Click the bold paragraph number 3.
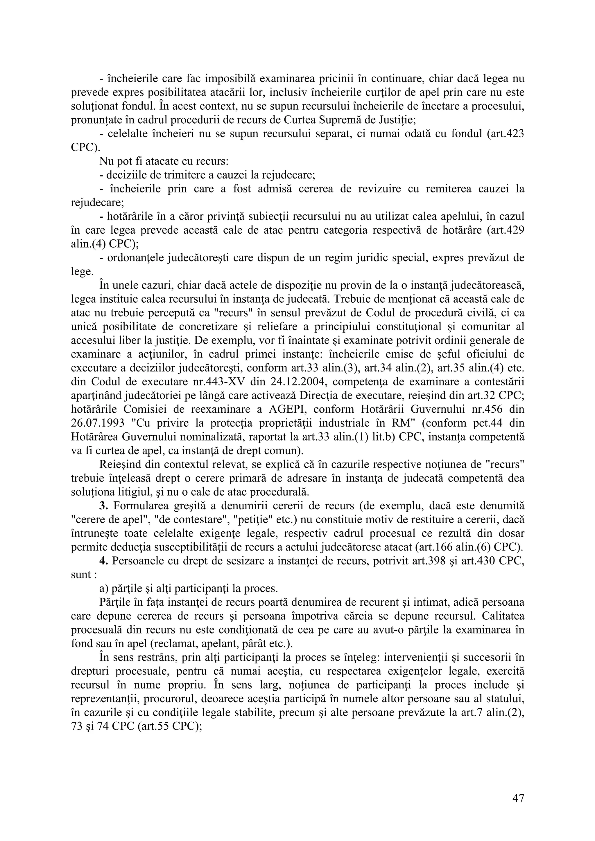click(104, 506)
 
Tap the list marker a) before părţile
click(104, 589)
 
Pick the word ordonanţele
click(136, 258)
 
